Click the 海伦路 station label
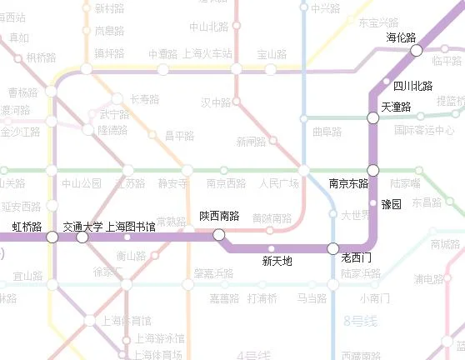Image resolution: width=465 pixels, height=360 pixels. [x=401, y=37]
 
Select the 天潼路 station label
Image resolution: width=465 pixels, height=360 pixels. [x=396, y=107]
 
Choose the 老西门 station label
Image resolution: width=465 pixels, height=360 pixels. [x=357, y=259]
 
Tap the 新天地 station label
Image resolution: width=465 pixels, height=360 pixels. [x=277, y=261]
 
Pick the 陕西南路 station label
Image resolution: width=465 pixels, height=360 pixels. [x=219, y=216]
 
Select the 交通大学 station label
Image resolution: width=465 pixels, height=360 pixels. [x=82, y=226]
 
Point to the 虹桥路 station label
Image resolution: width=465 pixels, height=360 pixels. [x=27, y=226]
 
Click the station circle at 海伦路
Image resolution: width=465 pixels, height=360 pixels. [x=417, y=51]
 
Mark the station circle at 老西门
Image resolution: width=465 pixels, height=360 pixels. [x=333, y=248]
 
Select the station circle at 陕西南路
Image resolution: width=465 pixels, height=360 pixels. [x=218, y=234]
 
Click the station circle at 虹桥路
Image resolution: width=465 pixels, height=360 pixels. [x=52, y=237]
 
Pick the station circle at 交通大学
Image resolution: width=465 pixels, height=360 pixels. [x=82, y=237]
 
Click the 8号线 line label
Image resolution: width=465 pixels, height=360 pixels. [x=360, y=320]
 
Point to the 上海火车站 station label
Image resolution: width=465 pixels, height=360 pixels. [x=209, y=54]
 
